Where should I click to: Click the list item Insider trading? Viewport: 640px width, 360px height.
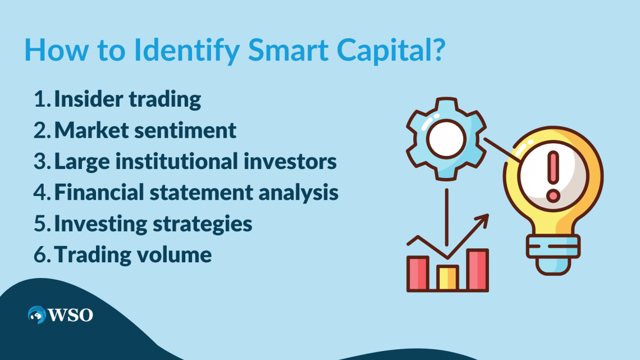pos(127,99)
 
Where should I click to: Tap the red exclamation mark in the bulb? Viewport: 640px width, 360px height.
pos(553,177)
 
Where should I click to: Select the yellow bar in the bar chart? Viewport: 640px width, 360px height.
pos(447,277)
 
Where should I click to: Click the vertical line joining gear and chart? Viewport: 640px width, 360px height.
pos(446,213)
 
